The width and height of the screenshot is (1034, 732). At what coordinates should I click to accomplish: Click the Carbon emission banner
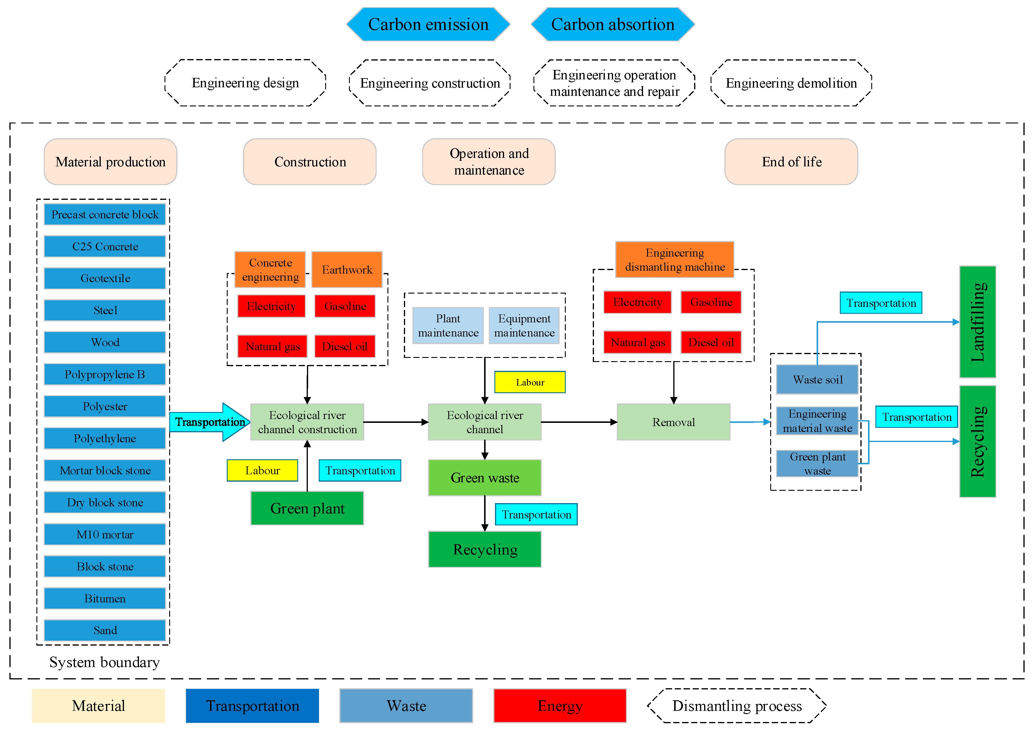(x=428, y=24)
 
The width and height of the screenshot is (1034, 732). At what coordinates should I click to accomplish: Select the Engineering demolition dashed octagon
(x=791, y=83)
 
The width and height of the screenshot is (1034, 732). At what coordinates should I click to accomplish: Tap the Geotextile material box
(x=105, y=278)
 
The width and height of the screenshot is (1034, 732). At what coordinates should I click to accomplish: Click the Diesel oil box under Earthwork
(x=345, y=346)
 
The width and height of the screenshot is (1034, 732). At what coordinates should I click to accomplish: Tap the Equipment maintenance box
(x=524, y=325)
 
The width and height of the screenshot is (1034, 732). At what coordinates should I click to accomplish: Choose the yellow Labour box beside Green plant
(x=262, y=470)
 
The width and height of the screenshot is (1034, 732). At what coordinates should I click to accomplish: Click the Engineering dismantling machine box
(x=674, y=260)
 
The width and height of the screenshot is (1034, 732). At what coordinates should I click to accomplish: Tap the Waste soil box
(x=817, y=380)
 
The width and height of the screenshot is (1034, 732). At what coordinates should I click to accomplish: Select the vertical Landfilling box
(x=977, y=322)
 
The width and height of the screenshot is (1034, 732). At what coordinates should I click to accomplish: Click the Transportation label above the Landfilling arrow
(x=881, y=303)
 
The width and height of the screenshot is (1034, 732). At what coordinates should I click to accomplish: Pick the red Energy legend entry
(x=560, y=706)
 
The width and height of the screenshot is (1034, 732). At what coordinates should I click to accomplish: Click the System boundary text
(x=105, y=662)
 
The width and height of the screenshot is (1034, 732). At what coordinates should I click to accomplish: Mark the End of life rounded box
(x=791, y=162)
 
